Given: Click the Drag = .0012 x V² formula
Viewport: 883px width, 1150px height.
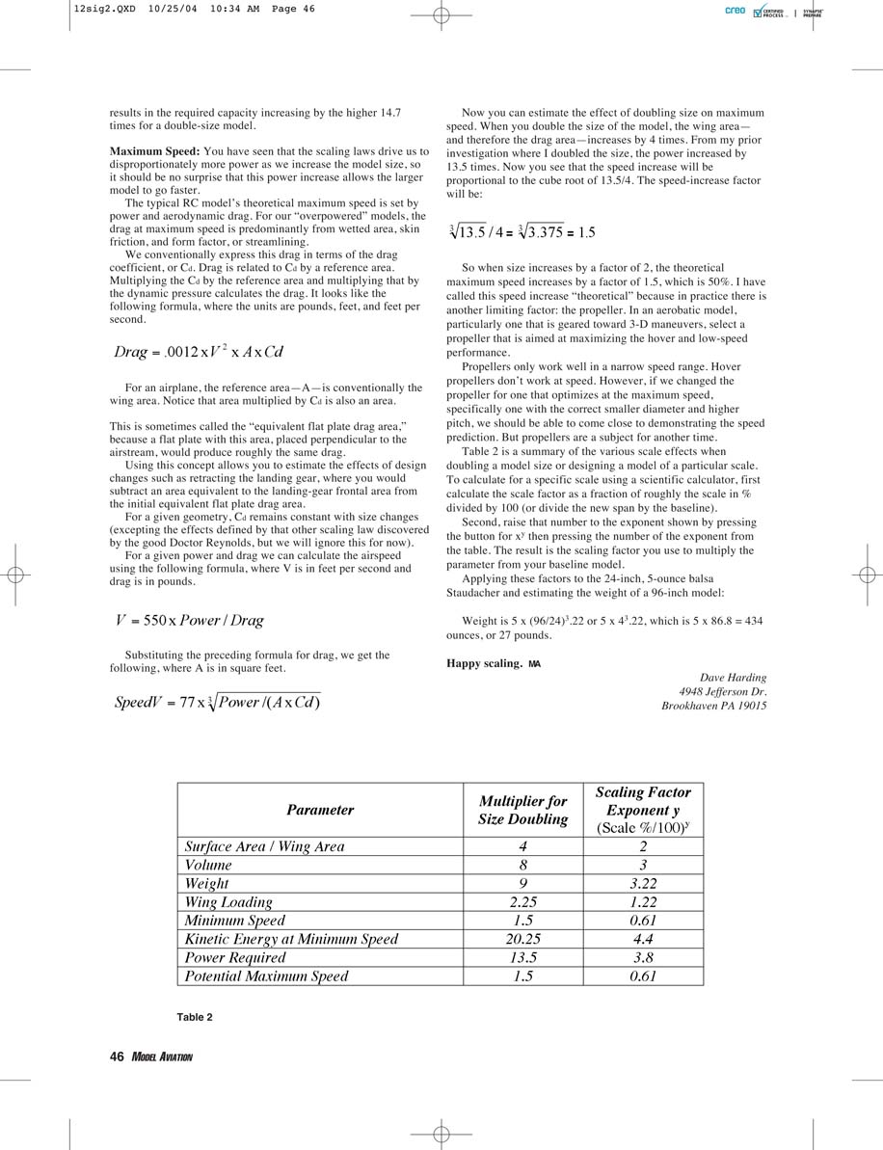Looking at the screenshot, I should [x=199, y=352].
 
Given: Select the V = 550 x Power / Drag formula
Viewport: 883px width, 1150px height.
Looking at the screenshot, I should [x=190, y=621].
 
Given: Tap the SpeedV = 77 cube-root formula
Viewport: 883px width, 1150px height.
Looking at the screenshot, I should [x=217, y=702].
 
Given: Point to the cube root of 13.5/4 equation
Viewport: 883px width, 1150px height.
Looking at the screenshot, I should [x=522, y=231].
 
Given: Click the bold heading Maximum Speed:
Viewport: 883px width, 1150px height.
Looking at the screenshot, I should [x=154, y=152].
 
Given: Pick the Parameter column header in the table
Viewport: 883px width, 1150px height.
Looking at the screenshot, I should [x=320, y=811].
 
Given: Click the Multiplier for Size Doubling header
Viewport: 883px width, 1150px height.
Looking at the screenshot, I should [x=523, y=811].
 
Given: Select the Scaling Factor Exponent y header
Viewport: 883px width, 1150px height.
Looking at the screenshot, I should [x=643, y=810].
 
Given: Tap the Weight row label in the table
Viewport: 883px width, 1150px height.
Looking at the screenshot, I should [x=207, y=884].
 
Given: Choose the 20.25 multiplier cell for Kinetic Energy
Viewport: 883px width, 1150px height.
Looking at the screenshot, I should [x=523, y=939].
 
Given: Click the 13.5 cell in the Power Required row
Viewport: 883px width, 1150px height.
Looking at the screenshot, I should [x=523, y=957].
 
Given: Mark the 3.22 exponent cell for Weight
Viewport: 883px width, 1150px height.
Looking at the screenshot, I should [x=643, y=884].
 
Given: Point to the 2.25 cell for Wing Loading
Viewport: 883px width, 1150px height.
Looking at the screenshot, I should [x=523, y=902].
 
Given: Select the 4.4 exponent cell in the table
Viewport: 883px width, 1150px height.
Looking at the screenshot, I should [x=643, y=939].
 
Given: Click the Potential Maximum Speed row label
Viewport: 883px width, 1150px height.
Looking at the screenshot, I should [x=266, y=976].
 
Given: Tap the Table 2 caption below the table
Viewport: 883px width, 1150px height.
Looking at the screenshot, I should [x=195, y=1017].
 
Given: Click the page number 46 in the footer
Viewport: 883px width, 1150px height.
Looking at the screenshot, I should [x=117, y=1056].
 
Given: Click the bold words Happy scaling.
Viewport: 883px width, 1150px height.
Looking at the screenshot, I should [x=484, y=663].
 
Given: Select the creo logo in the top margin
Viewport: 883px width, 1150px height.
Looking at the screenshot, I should [x=735, y=12].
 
